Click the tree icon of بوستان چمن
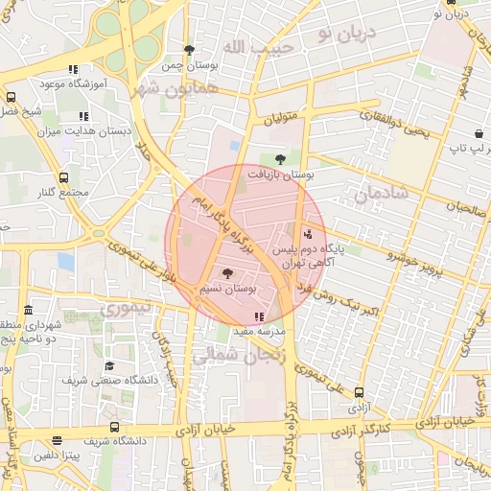coord(189,50)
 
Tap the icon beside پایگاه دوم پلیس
coord(307,233)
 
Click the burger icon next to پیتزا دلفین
coord(58,441)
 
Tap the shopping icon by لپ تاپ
coord(478,133)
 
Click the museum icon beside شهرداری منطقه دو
coord(28,311)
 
